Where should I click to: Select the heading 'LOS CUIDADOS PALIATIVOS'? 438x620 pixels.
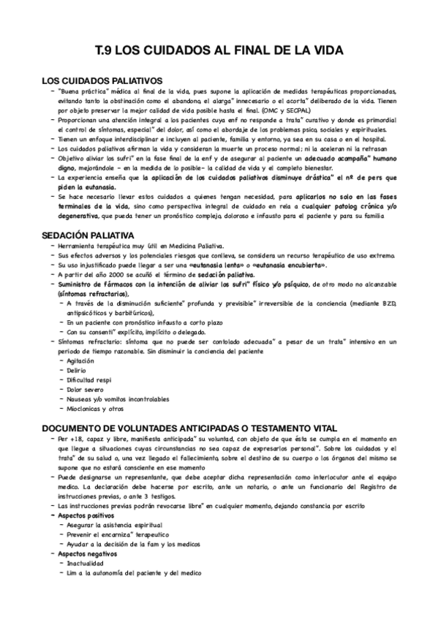[x=102, y=80]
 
